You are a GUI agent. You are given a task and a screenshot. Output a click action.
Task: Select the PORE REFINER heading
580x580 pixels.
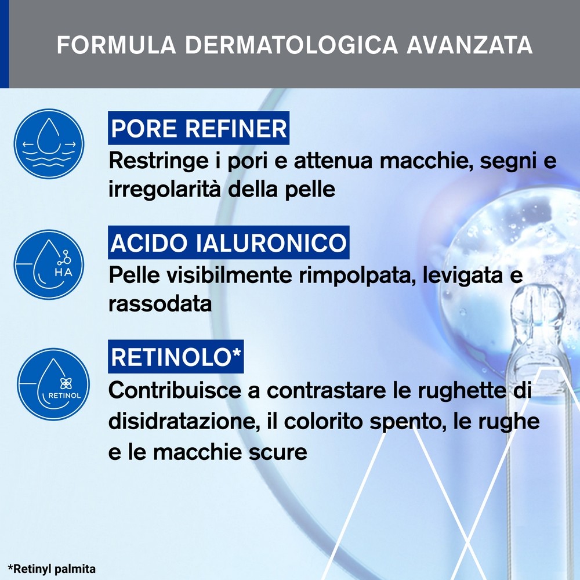click(198, 129)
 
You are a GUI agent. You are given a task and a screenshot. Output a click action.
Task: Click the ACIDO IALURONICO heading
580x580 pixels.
click(229, 242)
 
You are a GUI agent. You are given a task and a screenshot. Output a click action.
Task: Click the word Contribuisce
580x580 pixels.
click(175, 390)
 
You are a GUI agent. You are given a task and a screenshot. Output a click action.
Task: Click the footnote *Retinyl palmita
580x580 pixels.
click(52, 568)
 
